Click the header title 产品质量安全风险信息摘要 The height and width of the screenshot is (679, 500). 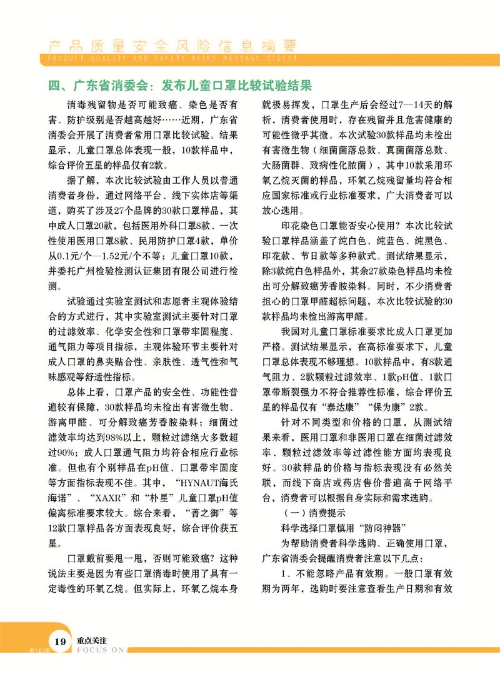point(169,46)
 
